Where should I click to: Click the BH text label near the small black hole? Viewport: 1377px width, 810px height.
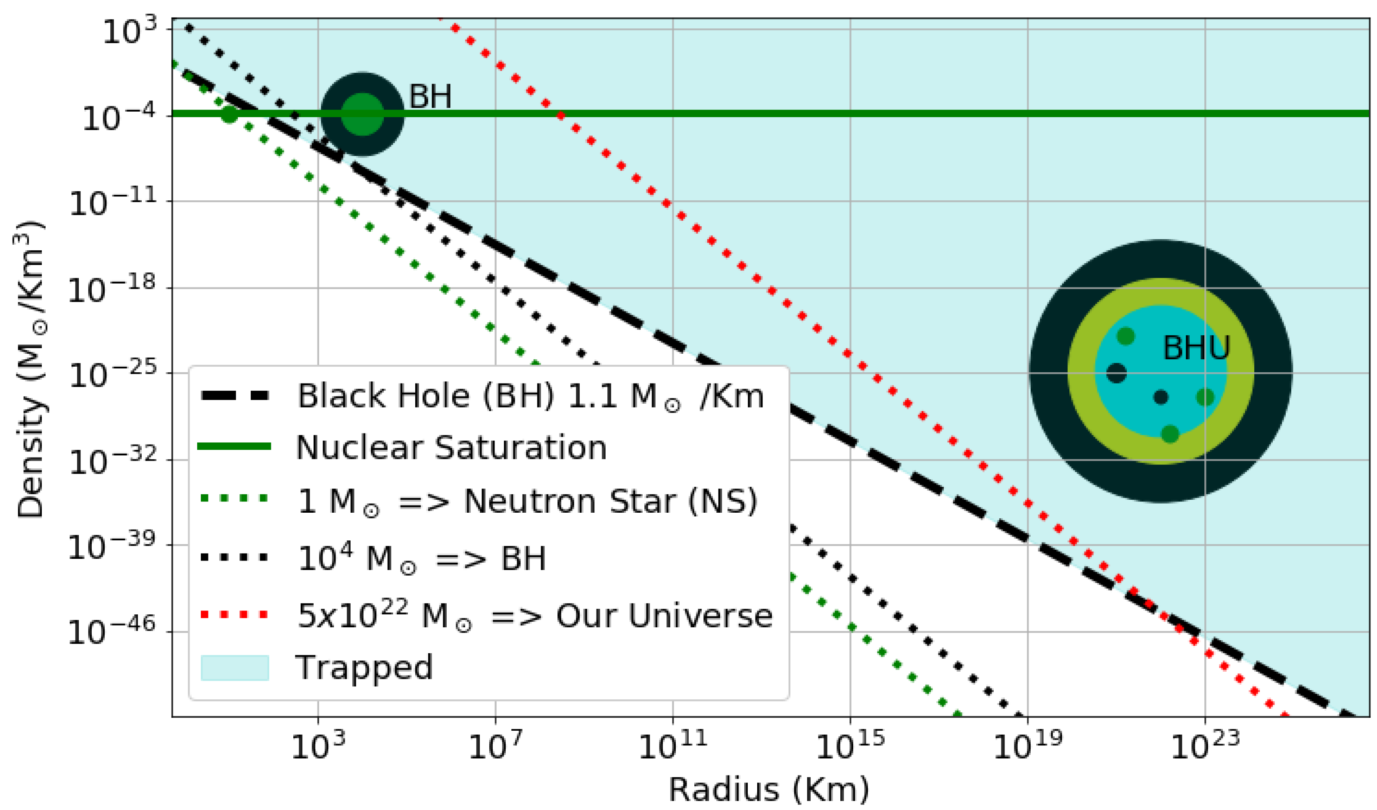[430, 97]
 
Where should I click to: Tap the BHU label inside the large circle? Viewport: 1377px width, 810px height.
[1196, 348]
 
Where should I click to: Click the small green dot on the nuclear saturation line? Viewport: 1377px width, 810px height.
[230, 114]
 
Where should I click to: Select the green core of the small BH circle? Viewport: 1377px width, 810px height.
[362, 114]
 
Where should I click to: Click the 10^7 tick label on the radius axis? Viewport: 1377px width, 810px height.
[495, 746]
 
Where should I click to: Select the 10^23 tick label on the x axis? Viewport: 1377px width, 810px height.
[1204, 746]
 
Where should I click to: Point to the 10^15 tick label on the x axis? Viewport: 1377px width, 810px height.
[850, 746]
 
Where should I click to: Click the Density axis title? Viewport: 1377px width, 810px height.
[30, 370]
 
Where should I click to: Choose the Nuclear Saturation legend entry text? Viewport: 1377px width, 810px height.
[451, 448]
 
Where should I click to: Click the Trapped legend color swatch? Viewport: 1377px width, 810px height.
[235, 667]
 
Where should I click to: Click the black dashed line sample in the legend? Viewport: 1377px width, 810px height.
[235, 396]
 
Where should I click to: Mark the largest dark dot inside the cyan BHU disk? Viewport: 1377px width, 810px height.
[1116, 373]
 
